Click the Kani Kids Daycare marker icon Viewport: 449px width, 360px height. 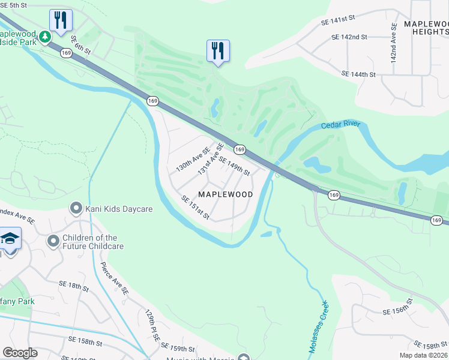76,209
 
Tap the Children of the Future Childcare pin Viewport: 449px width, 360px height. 53,241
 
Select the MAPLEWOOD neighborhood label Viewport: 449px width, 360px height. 225,194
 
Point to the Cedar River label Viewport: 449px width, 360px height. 340,125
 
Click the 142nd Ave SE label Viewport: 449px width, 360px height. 394,43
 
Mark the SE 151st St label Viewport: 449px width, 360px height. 195,208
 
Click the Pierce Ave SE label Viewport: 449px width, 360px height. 115,278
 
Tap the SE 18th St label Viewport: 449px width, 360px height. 74,286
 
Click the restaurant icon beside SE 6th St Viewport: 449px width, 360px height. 61,20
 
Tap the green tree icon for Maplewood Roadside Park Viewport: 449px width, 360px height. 44,37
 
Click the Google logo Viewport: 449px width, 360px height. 20,353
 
